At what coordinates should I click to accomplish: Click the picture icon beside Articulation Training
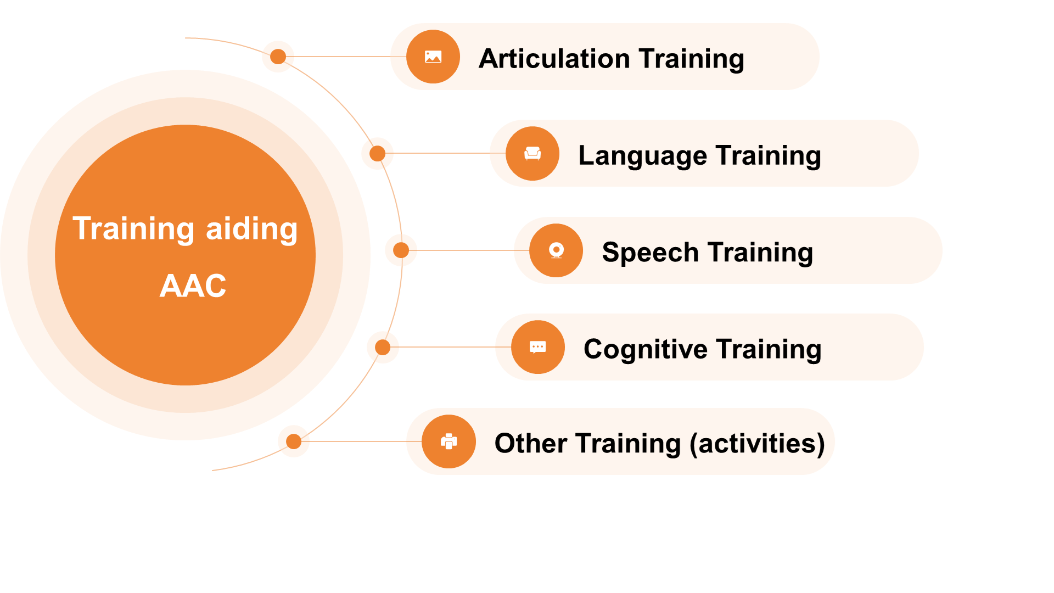(x=433, y=57)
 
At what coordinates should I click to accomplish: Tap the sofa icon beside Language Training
(x=532, y=154)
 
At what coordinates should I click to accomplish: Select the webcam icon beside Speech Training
(x=556, y=250)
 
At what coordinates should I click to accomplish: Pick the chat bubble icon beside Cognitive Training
(x=538, y=347)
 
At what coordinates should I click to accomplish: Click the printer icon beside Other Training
(x=449, y=441)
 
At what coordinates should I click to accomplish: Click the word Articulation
(x=554, y=58)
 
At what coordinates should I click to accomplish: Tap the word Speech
(x=650, y=253)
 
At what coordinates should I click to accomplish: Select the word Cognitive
(x=646, y=350)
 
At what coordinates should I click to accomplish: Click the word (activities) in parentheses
(x=758, y=444)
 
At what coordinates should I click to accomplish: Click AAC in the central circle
(x=193, y=286)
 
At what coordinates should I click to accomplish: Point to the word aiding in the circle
(x=251, y=230)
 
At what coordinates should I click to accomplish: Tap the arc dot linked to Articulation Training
(x=278, y=57)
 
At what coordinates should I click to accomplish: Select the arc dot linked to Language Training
(x=378, y=154)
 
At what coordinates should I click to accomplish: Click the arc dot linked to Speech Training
(x=401, y=250)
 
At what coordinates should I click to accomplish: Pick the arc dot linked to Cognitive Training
(x=383, y=347)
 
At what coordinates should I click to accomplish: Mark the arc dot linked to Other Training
(x=294, y=441)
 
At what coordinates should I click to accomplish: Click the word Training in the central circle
(x=133, y=230)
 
